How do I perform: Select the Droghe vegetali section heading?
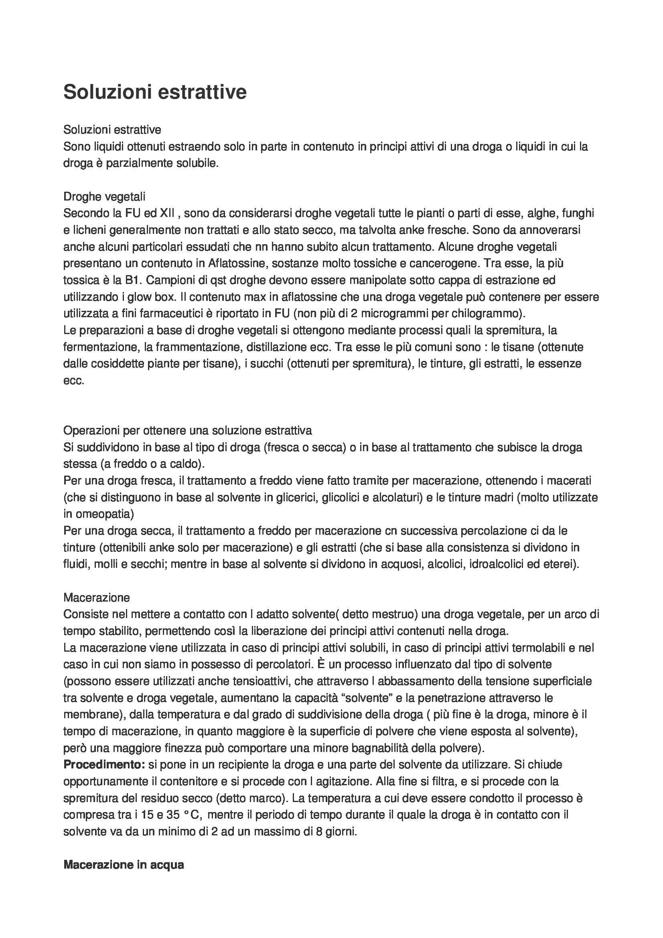(104, 197)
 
